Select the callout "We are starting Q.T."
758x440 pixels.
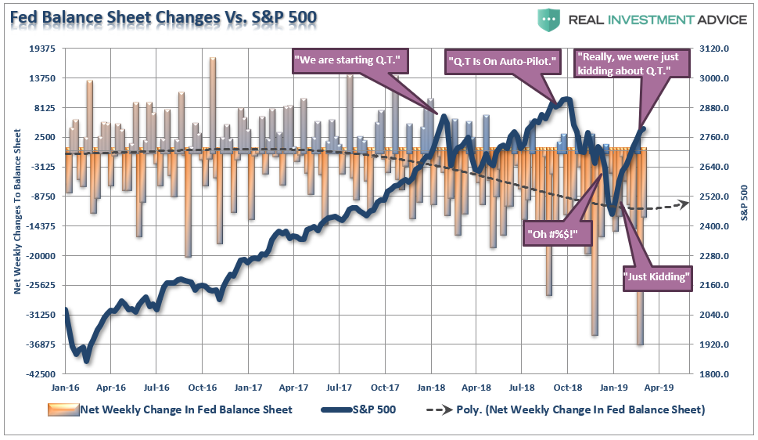(351, 61)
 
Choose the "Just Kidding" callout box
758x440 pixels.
(658, 277)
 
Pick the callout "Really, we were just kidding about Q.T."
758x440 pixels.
(632, 63)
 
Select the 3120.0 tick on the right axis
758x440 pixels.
(716, 49)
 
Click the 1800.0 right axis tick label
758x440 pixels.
(716, 374)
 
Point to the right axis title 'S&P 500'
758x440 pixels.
(744, 203)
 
